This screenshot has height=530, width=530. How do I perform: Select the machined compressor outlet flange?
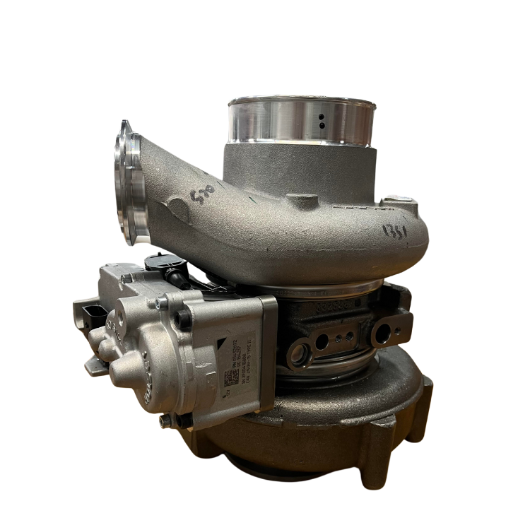[x=128, y=184]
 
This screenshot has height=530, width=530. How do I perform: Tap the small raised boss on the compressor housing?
[x=304, y=204]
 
